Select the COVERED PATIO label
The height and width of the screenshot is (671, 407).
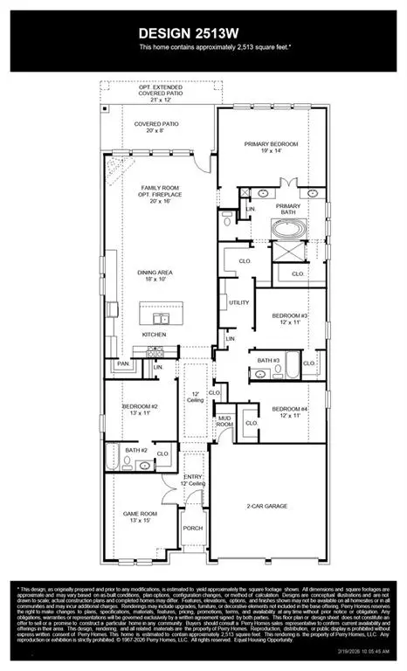[157, 125]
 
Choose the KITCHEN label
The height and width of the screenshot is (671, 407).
[155, 334]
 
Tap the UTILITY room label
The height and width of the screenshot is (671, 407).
[239, 302]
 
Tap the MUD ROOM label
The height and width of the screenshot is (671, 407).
[225, 419]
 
